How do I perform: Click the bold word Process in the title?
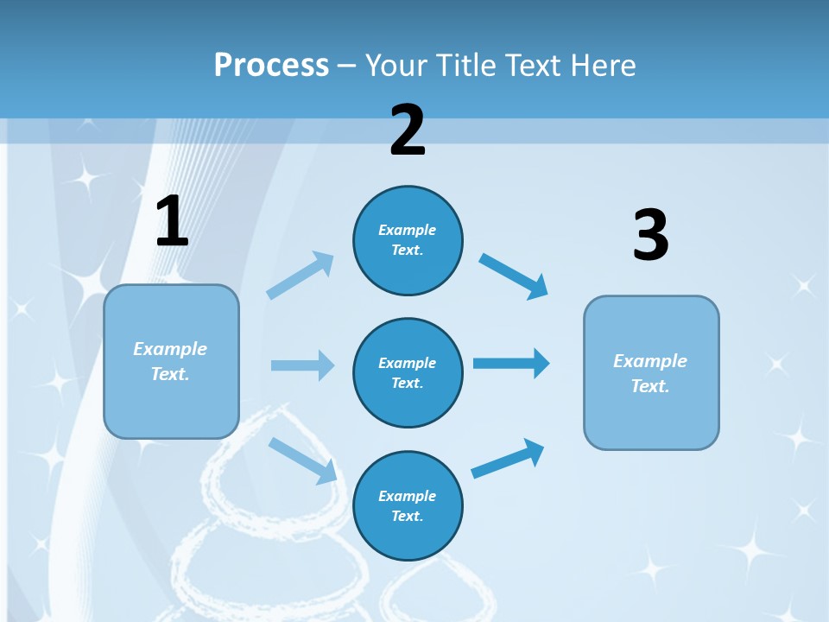pos(271,65)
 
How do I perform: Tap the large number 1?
pos(172,222)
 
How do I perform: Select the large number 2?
pos(408,130)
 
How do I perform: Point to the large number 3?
pos(650,236)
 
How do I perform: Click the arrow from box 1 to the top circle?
pos(301,275)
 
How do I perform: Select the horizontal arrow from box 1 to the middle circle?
pos(302,365)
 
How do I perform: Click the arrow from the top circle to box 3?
pos(514,276)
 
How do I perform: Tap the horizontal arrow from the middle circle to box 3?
pos(511,363)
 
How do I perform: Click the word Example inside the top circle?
pos(408,230)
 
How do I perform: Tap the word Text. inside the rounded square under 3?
pos(650,386)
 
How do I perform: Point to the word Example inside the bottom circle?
pos(408,496)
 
